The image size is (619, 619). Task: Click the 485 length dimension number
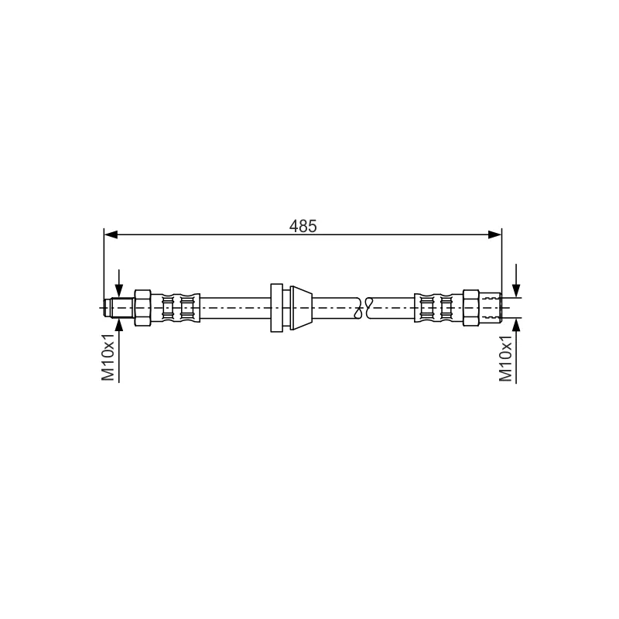pyautogui.click(x=303, y=226)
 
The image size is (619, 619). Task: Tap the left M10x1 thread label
pyautogui.click(x=108, y=357)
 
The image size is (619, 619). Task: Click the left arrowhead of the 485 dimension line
pyautogui.click(x=111, y=235)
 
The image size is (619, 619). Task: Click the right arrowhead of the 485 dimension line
pyautogui.click(x=495, y=235)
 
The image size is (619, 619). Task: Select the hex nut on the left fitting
pyautogui.click(x=142, y=307)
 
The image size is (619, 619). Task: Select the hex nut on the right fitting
pyautogui.click(x=471, y=307)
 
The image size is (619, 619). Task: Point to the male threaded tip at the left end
pyautogui.click(x=120, y=307)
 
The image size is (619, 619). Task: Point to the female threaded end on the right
pyautogui.click(x=490, y=307)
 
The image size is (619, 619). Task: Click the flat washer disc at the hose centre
pyautogui.click(x=276, y=307)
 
